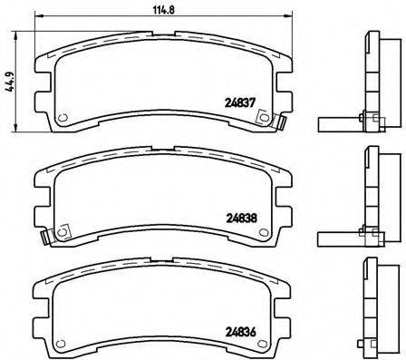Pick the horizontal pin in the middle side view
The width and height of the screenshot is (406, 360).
pyautogui.click(x=333, y=237)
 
